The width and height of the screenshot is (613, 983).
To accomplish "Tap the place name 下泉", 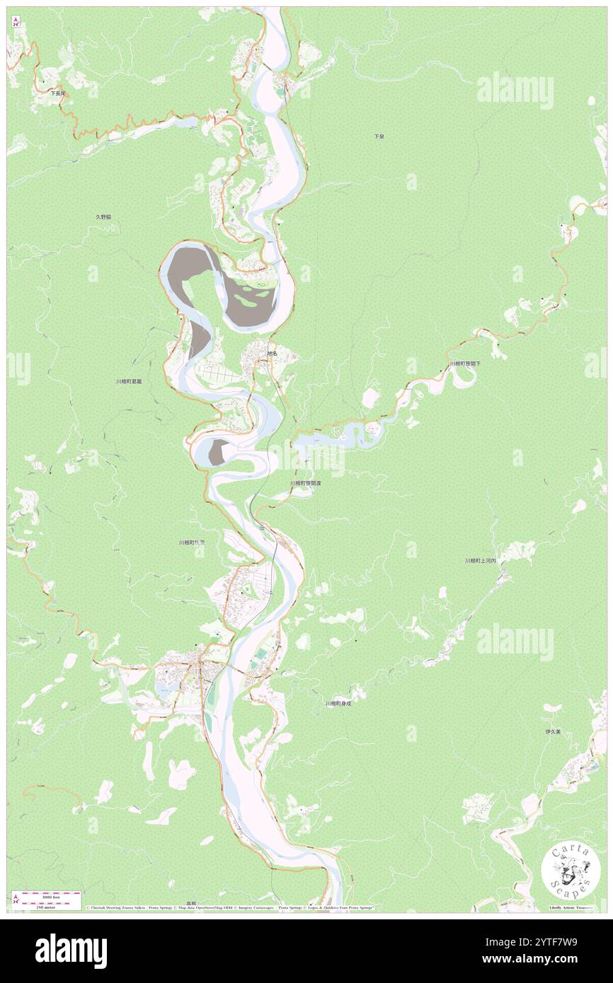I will pyautogui.click(x=379, y=136).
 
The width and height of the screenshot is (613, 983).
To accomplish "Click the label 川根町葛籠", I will pyautogui.click(x=130, y=381).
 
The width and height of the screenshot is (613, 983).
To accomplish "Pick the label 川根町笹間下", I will pyautogui.click(x=464, y=363).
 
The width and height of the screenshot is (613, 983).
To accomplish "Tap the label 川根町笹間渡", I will pyautogui.click(x=305, y=483).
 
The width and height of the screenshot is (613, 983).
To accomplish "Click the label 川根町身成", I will pyautogui.click(x=338, y=703).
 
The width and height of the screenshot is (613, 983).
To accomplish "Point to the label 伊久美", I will pyautogui.click(x=553, y=732).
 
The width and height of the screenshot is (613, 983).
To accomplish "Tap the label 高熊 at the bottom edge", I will pyautogui.click(x=191, y=903).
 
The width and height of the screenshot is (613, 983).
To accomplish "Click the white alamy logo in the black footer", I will pyautogui.click(x=71, y=951).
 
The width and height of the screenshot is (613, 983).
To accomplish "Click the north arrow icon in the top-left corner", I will pyautogui.click(x=16, y=21).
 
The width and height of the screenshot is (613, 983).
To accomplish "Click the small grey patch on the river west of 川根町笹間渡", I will pyautogui.click(x=219, y=450).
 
